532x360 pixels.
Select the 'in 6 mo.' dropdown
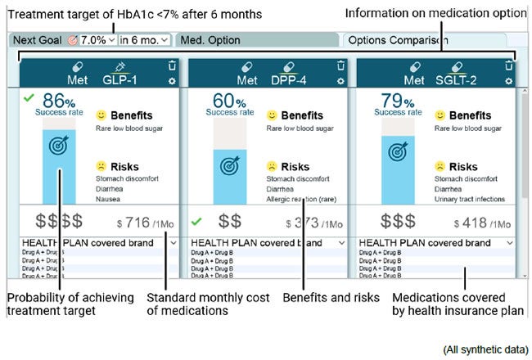(x=144, y=39)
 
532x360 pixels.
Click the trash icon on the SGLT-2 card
(x=509, y=65)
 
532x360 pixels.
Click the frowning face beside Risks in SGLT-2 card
(x=440, y=167)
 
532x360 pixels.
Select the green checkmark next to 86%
(x=29, y=98)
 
